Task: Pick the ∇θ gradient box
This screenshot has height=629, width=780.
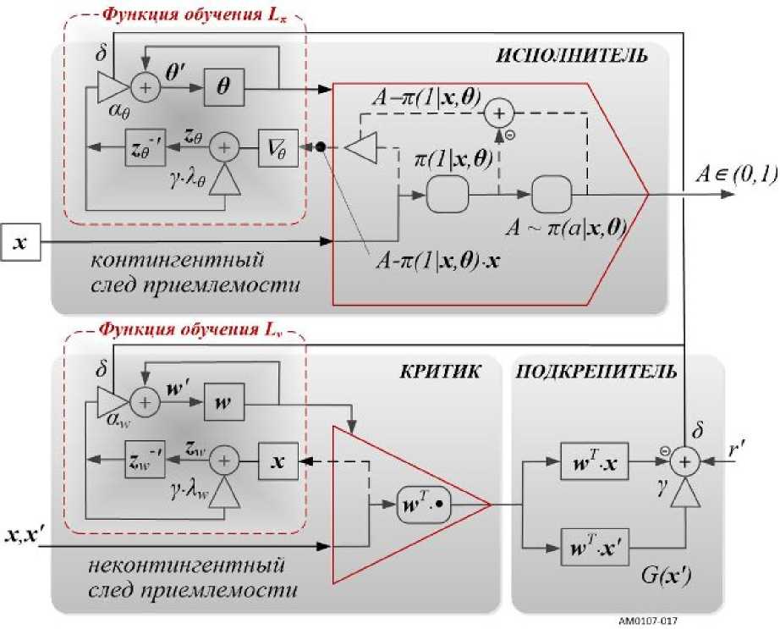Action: click(x=278, y=148)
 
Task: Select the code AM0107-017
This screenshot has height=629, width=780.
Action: click(x=653, y=619)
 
